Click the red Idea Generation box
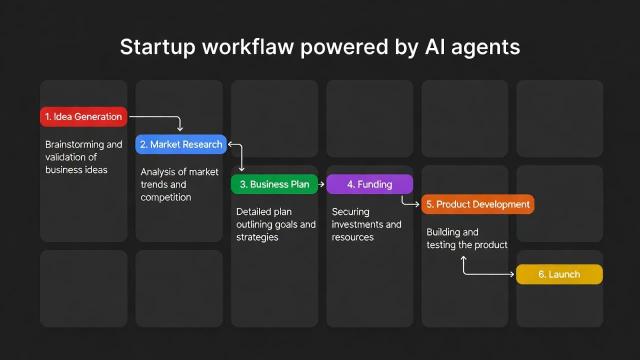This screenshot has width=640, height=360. coord(83,116)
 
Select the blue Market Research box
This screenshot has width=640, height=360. coord(181,144)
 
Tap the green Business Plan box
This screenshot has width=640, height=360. coord(274,184)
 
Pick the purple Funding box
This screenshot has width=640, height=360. coord(369,184)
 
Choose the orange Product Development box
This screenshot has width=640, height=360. coord(478,204)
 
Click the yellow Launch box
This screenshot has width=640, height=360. coord(559,274)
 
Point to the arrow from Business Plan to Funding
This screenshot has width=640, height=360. coord(321,184)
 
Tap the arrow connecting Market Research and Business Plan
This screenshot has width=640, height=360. coord(241,154)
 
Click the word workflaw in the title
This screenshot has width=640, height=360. coord(247,47)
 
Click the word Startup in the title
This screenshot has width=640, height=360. coord(157,47)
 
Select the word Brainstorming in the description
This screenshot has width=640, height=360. coord(74,144)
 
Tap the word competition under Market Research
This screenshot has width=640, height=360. coord(165,197)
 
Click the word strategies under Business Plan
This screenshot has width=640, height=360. coord(257,237)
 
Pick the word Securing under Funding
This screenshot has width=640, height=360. coord(350,212)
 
